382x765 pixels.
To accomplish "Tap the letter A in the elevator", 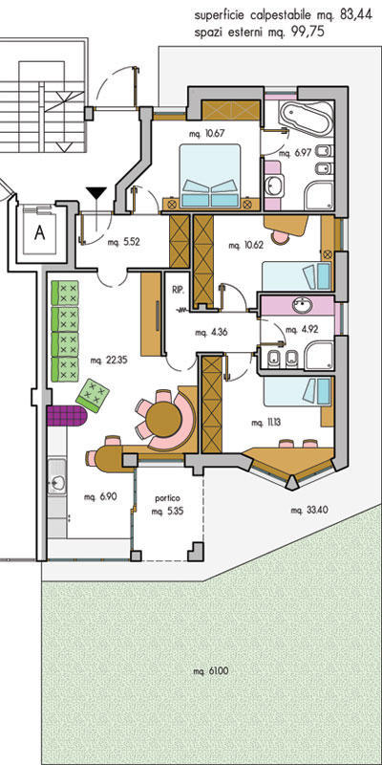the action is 39,233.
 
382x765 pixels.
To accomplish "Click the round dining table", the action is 163,419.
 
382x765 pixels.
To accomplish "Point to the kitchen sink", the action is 57,483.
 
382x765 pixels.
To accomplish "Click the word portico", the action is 168,498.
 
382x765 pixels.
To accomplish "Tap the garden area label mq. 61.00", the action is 210,671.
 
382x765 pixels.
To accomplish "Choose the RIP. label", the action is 178,290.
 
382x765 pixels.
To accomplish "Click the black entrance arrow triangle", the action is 96,193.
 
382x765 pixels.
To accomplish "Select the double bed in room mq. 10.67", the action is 210,176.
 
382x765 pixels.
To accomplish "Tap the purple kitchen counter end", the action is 67,416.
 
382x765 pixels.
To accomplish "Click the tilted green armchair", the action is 93,395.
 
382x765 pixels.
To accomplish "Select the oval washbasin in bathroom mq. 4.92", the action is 305,306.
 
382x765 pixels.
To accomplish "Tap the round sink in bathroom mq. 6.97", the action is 273,186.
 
